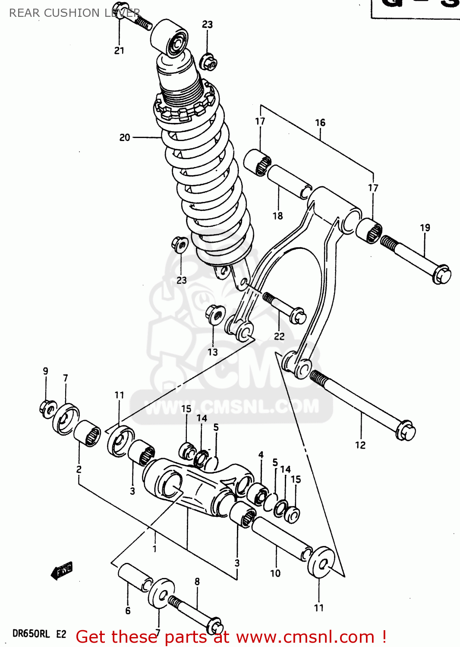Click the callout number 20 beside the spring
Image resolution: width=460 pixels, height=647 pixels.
tap(124, 138)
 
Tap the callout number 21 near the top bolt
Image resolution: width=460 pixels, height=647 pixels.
tap(119, 50)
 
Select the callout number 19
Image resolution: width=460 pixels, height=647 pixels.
tap(425, 227)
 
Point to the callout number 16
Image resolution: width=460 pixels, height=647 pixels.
tap(320, 122)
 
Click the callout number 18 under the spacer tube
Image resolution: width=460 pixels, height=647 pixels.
tap(277, 216)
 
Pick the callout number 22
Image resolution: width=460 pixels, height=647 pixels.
tap(279, 336)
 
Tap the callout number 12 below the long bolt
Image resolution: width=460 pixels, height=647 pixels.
tap(360, 445)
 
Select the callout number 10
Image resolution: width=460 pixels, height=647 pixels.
tap(275, 573)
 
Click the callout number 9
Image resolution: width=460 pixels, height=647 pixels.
tap(45, 371)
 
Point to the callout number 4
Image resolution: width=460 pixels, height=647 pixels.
tap(261, 455)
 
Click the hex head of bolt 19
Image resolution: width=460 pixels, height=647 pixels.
tap(441, 275)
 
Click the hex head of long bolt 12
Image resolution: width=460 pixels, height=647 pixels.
tap(406, 430)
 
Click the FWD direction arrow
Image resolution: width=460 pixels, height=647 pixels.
tap(62, 571)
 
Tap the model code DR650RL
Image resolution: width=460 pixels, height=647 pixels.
tap(31, 634)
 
